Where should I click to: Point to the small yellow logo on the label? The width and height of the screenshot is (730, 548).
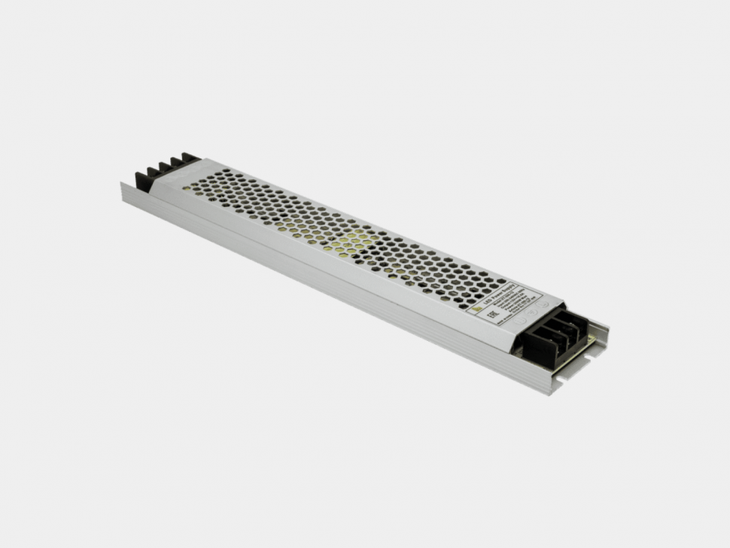click(x=476, y=309)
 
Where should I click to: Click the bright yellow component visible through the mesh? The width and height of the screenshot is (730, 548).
click(x=354, y=241)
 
